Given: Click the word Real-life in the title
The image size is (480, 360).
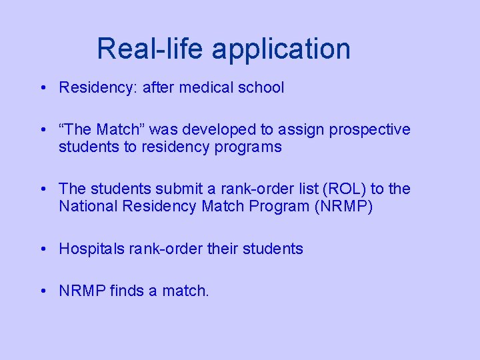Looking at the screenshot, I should pyautogui.click(x=150, y=49).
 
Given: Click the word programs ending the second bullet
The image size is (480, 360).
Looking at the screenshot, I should pyautogui.click(x=248, y=148).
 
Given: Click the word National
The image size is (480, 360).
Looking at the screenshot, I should pyautogui.click(x=86, y=207).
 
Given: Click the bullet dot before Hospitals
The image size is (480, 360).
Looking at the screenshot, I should pyautogui.click(x=42, y=249).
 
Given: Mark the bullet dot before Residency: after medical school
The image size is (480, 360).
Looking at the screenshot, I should pyautogui.click(x=42, y=87).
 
